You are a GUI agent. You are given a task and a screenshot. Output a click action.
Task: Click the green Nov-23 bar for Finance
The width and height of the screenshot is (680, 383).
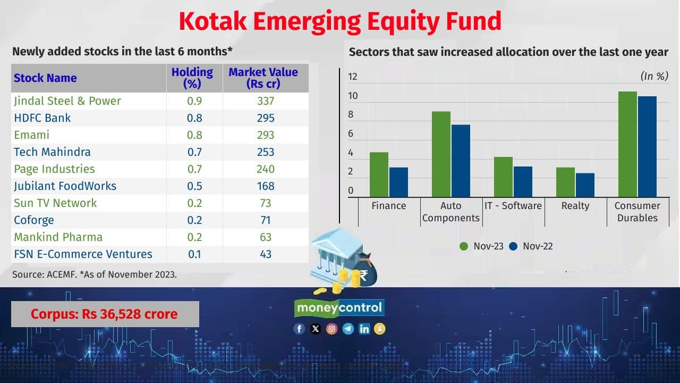(x=379, y=174)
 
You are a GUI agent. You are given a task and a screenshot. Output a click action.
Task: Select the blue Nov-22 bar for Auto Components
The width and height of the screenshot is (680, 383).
(x=461, y=161)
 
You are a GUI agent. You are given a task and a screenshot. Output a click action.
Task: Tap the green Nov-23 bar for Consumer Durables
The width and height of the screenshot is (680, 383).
(x=628, y=144)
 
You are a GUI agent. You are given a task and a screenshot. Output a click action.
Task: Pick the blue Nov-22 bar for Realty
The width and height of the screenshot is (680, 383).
(x=585, y=185)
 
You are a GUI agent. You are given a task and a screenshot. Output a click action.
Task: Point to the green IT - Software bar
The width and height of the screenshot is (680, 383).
(x=503, y=177)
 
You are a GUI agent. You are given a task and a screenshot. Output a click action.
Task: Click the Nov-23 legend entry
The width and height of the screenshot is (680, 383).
(x=481, y=246)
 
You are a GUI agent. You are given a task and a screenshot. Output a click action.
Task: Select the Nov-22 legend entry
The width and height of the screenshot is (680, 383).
(x=531, y=246)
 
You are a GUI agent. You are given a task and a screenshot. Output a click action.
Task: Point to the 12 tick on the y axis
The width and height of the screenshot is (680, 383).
(x=353, y=77)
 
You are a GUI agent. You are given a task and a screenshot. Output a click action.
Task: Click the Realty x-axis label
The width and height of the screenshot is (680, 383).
(x=575, y=206)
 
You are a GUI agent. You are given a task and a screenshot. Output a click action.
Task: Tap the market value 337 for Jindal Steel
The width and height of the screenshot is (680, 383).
(x=265, y=101)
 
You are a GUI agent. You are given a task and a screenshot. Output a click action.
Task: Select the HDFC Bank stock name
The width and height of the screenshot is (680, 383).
(x=42, y=118)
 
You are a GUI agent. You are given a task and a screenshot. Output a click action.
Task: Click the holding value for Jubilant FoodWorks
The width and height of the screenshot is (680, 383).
(x=194, y=186)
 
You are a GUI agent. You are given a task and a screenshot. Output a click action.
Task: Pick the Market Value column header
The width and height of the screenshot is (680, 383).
(x=263, y=78)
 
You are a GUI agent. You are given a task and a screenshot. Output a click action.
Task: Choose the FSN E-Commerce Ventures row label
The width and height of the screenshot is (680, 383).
(x=83, y=254)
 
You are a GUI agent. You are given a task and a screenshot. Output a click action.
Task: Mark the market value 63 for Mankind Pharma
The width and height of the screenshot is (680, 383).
(x=265, y=237)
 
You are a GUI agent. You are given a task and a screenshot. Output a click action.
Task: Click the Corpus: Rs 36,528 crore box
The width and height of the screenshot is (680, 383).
(x=105, y=314)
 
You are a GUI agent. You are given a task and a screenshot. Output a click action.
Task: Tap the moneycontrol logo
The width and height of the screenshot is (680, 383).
(x=339, y=307)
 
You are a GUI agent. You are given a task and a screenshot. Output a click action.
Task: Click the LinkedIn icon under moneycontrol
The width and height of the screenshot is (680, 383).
(x=364, y=329)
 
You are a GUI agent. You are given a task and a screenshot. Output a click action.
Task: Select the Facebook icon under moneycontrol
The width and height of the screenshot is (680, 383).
(x=299, y=329)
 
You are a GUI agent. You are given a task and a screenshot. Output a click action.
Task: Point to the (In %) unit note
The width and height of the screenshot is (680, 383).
(x=654, y=76)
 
